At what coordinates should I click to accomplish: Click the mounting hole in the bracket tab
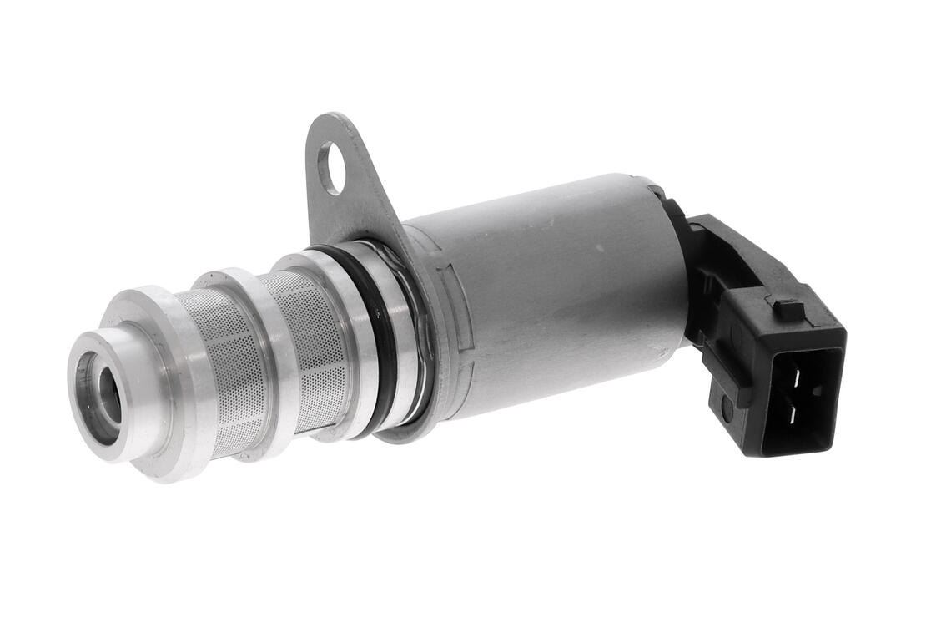(x=331, y=168)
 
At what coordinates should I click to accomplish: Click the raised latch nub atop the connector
(x=788, y=309)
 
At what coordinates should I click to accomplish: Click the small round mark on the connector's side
(x=727, y=408)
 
